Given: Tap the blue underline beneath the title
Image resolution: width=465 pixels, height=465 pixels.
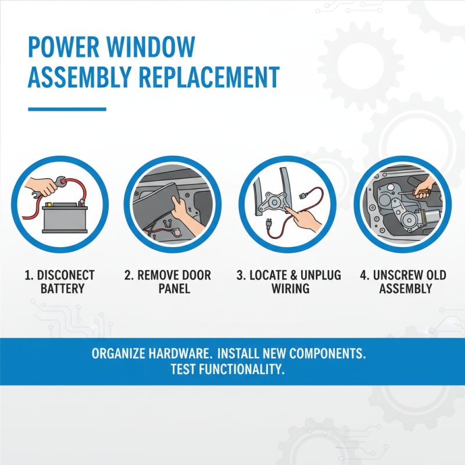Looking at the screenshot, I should click(x=67, y=109).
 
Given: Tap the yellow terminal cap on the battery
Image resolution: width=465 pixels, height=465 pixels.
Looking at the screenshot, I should click(x=49, y=205).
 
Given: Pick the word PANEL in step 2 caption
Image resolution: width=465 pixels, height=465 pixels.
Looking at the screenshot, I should click(x=174, y=288).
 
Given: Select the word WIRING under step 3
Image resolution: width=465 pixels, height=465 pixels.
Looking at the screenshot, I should click(x=290, y=288).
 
